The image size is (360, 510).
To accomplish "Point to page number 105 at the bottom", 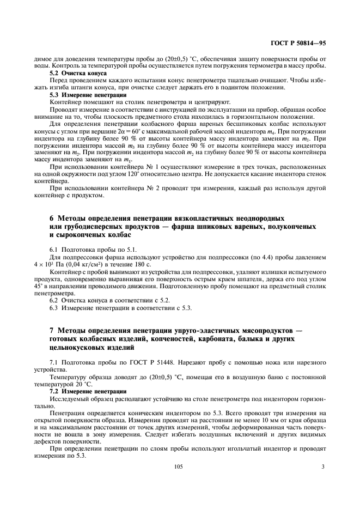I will point(178,466).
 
